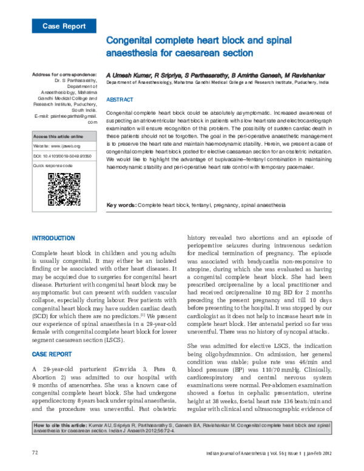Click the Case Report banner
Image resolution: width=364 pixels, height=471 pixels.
64,26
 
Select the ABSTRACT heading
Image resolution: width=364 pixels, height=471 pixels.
119,99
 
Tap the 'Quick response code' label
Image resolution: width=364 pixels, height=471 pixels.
53,165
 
